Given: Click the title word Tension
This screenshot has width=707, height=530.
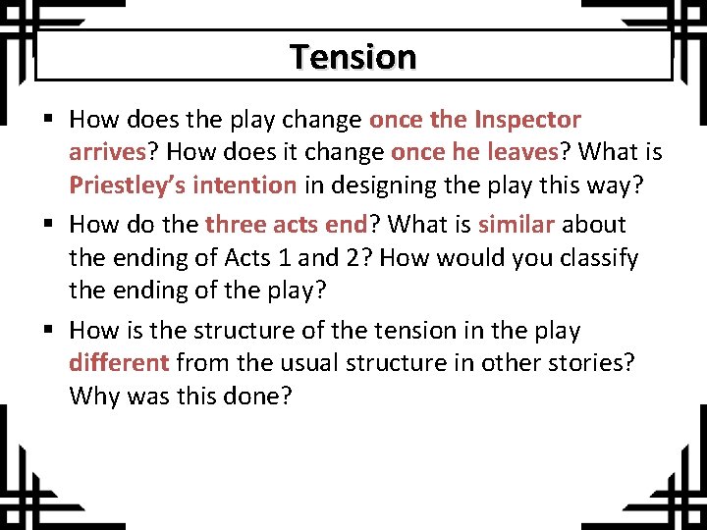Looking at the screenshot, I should click(353, 57).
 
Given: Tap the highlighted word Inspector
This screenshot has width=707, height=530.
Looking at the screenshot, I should click(527, 120).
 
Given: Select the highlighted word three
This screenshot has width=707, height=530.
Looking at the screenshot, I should click(236, 225).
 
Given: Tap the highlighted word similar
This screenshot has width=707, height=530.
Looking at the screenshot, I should click(517, 225).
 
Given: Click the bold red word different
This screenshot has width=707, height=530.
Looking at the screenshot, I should click(119, 363).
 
